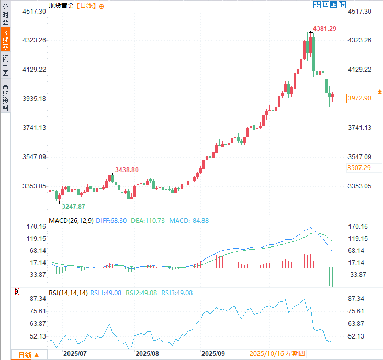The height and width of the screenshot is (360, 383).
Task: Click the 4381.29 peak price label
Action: (324, 29)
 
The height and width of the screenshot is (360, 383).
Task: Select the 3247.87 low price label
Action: (74, 207)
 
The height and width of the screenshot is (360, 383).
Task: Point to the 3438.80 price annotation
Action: (127, 170)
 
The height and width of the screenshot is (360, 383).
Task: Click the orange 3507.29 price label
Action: (359, 167)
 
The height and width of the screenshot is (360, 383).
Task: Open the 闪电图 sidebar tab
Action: (5, 66)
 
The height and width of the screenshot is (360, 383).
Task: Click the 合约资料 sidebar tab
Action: (5, 97)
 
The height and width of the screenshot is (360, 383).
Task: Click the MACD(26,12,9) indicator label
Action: (71, 220)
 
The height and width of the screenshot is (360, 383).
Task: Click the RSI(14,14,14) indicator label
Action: (68, 293)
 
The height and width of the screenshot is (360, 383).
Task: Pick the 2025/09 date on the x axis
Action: (213, 354)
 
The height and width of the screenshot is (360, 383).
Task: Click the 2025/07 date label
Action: (74, 354)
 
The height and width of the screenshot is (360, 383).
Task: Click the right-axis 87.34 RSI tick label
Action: (359, 299)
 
